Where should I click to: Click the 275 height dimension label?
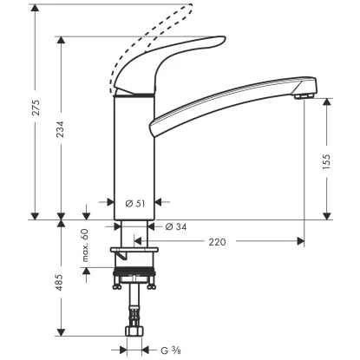[x=36, y=109]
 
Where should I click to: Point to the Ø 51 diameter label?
[x=134, y=203]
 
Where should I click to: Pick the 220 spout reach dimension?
[x=217, y=242]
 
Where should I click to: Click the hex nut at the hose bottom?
[x=136, y=332]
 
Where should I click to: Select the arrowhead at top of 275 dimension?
[x=36, y=9]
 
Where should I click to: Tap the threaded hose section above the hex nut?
[x=135, y=311]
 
